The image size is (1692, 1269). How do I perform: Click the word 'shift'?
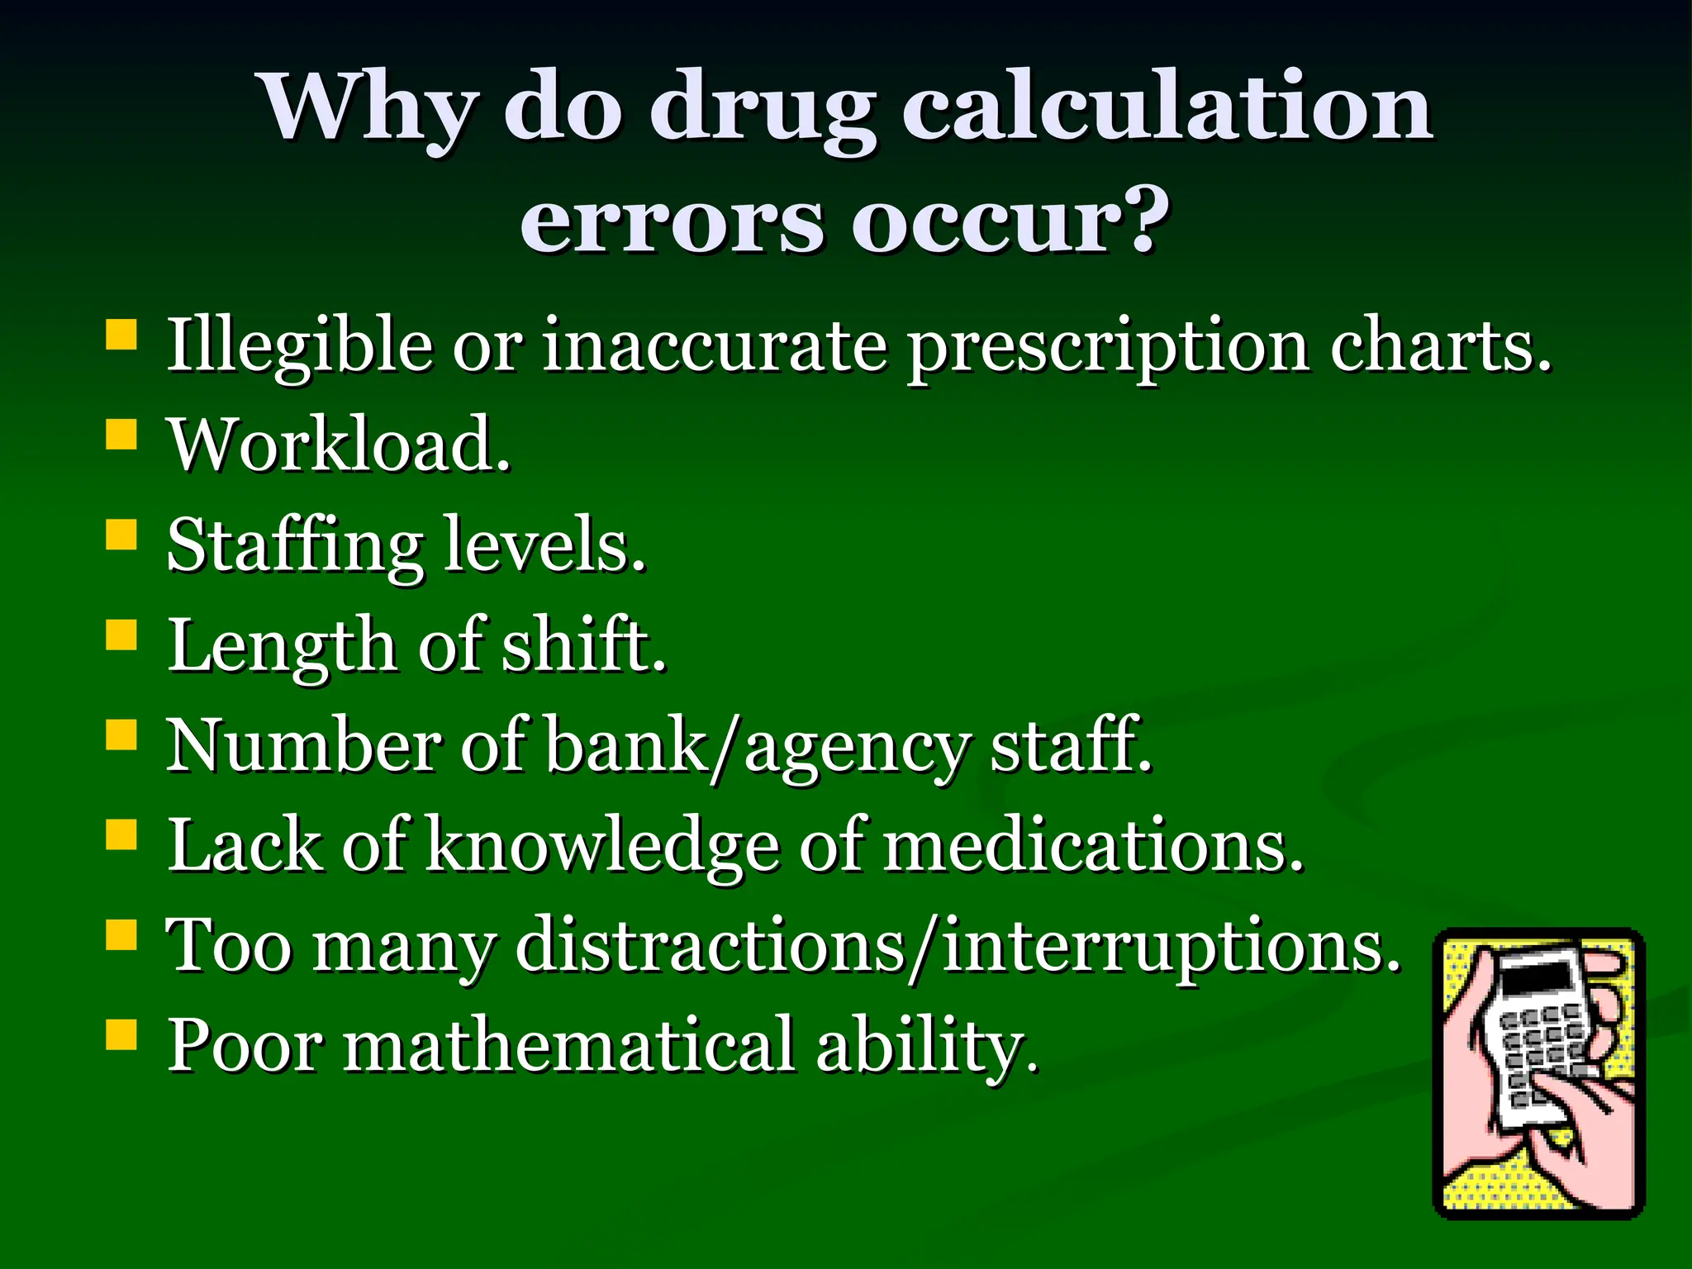tap(583, 645)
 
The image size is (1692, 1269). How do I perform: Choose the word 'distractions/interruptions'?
tap(958, 946)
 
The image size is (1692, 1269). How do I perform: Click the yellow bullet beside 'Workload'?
tap(121, 434)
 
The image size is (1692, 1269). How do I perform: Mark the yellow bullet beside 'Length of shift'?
tap(121, 635)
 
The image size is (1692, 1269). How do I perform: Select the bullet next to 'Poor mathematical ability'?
tap(121, 1034)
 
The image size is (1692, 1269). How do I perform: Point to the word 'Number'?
tap(302, 746)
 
